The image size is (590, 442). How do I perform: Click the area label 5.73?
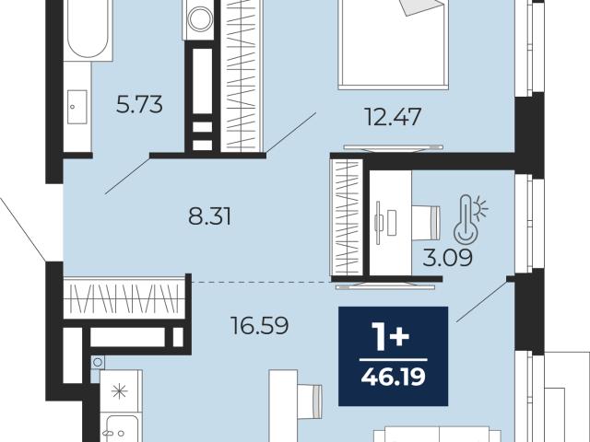coord(139,104)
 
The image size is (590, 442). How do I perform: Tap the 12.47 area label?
coord(393,117)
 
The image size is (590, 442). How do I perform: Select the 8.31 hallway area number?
coord(209,216)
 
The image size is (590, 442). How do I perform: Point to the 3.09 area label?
coord(447,258)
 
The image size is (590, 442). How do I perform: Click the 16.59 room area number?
coord(260,325)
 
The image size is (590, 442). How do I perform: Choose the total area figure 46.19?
coord(394,377)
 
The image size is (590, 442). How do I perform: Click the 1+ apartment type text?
coord(391,337)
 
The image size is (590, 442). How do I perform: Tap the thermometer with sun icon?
coord(470,218)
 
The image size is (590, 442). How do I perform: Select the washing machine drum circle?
coord(200,18)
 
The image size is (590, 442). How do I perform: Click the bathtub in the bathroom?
coord(88,30)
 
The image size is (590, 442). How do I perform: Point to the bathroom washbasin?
coord(77,107)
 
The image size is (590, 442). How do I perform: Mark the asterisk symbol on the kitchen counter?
coord(120,392)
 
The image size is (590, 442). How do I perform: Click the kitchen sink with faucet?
coord(121,428)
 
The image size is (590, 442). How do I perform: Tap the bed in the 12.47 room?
coord(394,44)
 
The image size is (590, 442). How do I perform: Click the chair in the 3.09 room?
coord(426,222)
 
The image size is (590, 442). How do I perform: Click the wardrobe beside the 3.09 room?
coord(347,217)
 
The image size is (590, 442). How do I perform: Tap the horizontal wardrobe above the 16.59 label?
coord(124,298)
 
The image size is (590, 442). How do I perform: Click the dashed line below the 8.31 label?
coord(261,282)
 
